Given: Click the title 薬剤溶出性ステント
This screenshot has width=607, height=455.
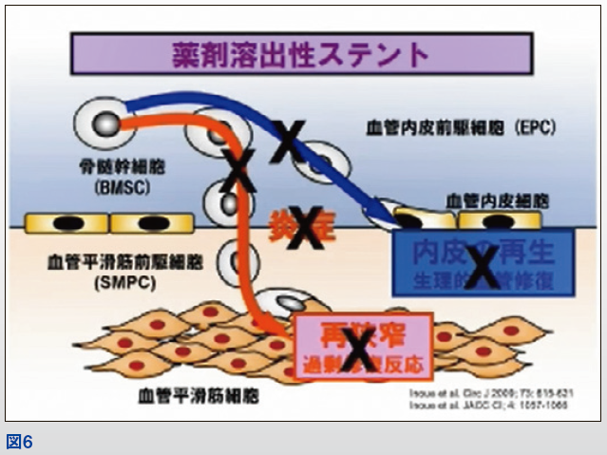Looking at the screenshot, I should coord(299,54).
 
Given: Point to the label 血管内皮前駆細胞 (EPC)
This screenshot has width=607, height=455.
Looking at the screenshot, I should coord(460,128).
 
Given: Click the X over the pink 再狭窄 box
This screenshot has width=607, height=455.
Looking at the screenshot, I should coord(359,351).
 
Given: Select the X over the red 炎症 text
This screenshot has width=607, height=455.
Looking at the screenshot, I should coord(306,226).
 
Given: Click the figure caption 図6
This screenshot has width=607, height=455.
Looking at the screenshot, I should coord(19,442).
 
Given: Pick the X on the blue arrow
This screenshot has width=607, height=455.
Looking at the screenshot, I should coord(288,141).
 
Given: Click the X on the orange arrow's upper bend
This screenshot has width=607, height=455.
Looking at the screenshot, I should coord(239,169).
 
